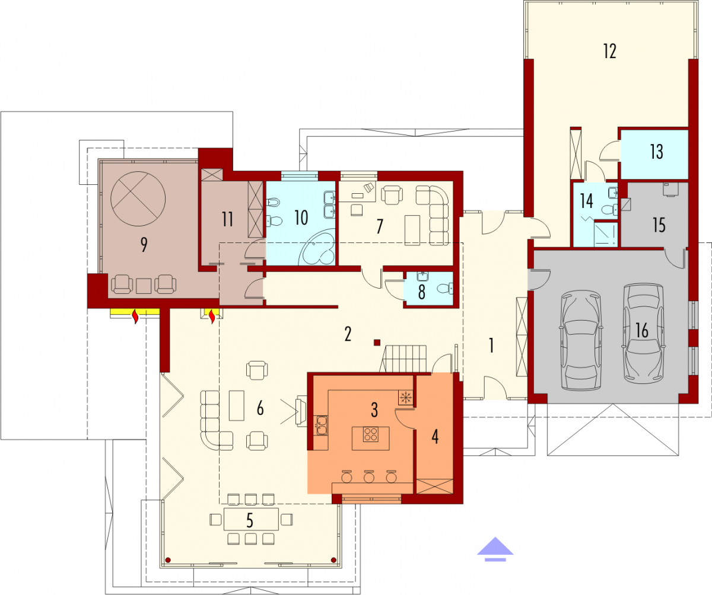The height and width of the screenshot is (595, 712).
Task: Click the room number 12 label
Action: click(610, 52)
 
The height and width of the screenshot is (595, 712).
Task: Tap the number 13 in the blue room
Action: click(656, 152)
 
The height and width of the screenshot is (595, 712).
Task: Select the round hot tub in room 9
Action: click(138, 199)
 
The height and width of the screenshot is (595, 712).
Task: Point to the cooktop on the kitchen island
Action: click(371, 434)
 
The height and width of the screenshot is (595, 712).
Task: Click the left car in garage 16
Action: click(581, 340)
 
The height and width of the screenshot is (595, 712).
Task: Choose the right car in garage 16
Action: click(644, 334)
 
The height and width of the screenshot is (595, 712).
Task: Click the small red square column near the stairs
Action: click(377, 343)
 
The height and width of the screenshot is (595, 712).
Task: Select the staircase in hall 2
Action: click(403, 359)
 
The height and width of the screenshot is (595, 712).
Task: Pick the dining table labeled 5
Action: click(251, 519)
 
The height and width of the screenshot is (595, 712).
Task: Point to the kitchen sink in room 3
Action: click(320, 425)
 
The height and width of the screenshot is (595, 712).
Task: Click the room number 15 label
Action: click(659, 225)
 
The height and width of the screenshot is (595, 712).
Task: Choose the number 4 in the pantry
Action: click(435, 437)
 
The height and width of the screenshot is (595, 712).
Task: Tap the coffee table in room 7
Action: click(412, 230)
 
